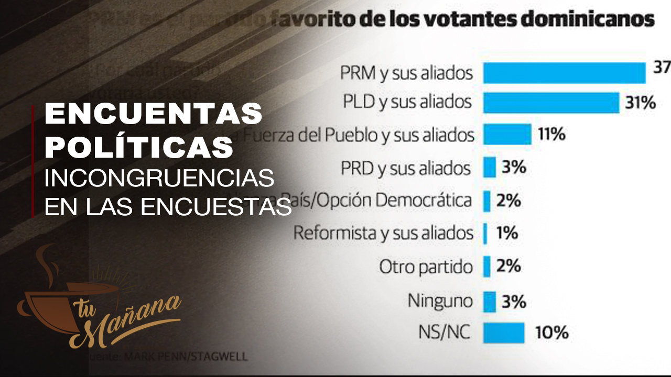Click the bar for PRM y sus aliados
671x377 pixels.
(564, 73)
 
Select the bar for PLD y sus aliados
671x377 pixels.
(551, 102)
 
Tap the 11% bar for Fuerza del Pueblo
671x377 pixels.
(507, 134)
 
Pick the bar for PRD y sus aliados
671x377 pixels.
(490, 168)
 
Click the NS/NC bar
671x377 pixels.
(503, 332)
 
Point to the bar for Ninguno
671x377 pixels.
(490, 301)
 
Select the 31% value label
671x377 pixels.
(640, 103)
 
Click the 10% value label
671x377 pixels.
(551, 332)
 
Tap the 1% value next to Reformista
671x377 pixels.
(507, 233)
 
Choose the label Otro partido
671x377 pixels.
(426, 267)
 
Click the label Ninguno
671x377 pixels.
(440, 301)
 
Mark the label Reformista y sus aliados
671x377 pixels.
(383, 233)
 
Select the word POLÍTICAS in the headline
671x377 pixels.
(139, 147)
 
